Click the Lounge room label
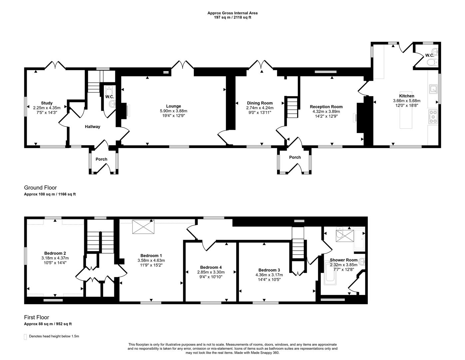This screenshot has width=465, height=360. coord(174,106)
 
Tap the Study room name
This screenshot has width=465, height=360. coord(47,103)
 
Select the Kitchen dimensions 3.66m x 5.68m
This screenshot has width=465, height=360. coord(406,101)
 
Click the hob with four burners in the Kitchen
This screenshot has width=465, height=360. coord(433,117)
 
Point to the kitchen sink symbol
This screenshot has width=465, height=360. coord(433,89)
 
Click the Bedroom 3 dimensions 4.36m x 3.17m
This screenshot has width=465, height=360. coord(269,275)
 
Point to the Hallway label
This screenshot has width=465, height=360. coord(92,127)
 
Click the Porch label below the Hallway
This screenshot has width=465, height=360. coord(101,159)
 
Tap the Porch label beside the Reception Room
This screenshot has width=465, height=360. coord(295,157)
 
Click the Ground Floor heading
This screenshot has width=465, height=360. coord(40,188)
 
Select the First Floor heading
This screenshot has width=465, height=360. coord(36,317)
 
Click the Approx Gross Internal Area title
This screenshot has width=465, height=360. coord(232,13)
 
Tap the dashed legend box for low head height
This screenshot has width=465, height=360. coord(25,337)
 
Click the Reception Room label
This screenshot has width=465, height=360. coord(326,107)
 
